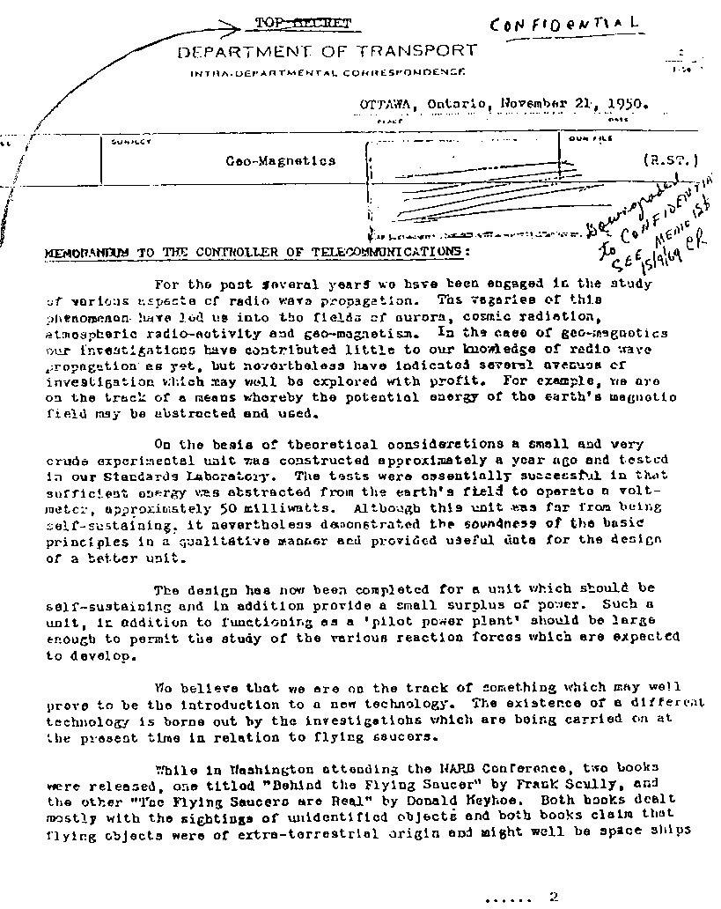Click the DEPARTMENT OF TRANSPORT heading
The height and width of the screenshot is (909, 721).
[x=327, y=51]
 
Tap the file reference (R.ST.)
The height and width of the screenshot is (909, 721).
[x=671, y=160]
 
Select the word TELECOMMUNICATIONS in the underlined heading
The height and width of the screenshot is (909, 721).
[x=386, y=251]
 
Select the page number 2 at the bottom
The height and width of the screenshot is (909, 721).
[x=553, y=898]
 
